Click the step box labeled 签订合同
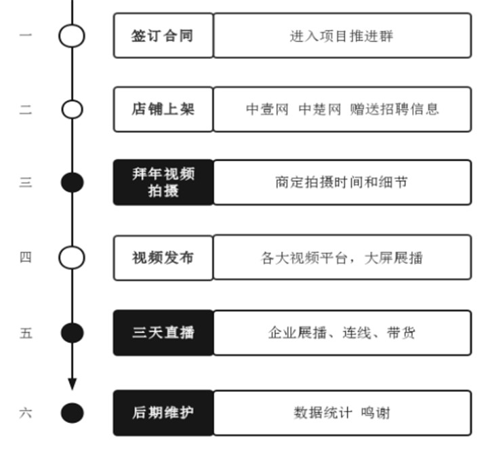[163, 36]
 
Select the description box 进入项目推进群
[342, 36]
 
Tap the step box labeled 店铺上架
[163, 108]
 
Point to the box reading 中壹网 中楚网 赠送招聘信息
[342, 108]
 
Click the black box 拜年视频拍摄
[163, 182]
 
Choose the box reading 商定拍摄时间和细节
[342, 182]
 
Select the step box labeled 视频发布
[163, 258]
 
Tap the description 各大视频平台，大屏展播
[342, 258]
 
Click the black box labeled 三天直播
[163, 333]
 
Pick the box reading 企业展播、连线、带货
[342, 333]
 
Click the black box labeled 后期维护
[163, 412]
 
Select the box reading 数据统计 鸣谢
[342, 412]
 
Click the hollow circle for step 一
[72, 36]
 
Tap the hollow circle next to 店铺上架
[72, 108]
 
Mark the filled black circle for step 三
[72, 182]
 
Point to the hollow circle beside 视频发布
[72, 258]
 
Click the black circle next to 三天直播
[72, 333]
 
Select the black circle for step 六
[72, 412]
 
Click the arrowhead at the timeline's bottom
[72, 384]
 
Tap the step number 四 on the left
[25, 258]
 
